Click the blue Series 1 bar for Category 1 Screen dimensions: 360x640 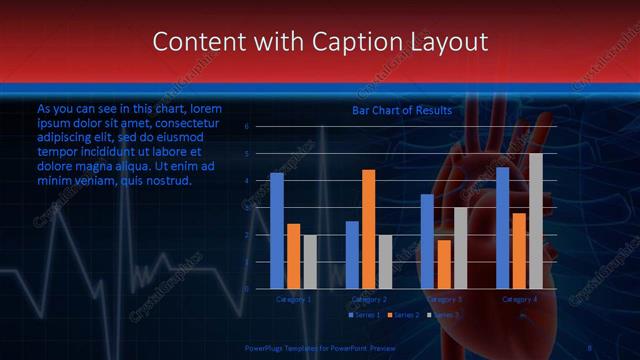(277, 230)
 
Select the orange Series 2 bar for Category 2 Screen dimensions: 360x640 (368, 229)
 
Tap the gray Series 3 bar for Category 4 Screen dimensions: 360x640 (536, 221)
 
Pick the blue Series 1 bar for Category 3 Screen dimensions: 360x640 (427, 241)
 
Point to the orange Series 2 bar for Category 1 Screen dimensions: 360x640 (293, 256)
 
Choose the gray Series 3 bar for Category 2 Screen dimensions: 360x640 (385, 261)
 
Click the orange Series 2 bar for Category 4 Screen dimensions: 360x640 (519, 250)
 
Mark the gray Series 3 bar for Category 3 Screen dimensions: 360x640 (460, 248)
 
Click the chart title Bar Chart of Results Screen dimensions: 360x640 (401, 110)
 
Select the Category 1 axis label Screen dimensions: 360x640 (293, 299)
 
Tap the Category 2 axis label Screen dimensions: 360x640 (368, 299)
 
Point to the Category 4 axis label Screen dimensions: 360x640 (519, 299)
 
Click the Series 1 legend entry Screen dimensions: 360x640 (365, 315)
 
